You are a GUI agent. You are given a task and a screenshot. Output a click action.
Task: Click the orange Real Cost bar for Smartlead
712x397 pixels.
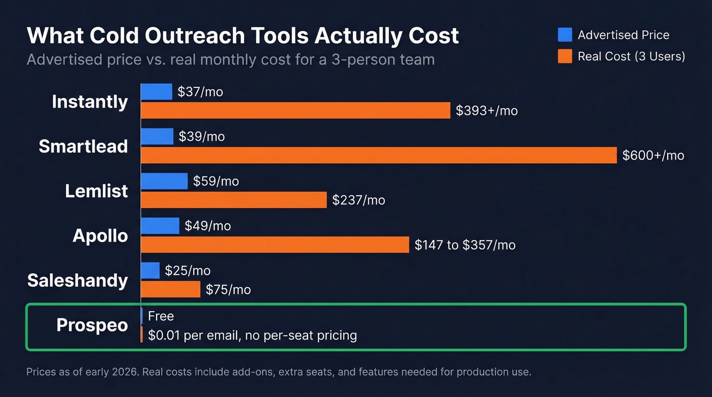click(378, 155)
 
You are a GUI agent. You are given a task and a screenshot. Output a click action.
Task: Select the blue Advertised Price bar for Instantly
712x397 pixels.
click(157, 91)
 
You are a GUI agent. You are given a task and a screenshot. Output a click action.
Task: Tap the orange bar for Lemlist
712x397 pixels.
click(233, 200)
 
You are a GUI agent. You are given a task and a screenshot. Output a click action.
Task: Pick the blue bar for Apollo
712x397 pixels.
click(160, 226)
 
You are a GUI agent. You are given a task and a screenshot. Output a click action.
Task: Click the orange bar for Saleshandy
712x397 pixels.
click(170, 289)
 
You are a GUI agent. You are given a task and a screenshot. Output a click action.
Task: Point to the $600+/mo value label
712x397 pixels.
click(653, 156)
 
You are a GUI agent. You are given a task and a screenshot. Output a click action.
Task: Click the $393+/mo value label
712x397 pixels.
click(487, 111)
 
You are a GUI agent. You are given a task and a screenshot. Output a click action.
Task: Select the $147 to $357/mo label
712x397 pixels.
click(465, 245)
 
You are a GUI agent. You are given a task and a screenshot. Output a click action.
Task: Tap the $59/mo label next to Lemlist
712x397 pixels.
click(216, 181)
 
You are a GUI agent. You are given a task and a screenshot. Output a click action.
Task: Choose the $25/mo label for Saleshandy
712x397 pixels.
click(187, 271)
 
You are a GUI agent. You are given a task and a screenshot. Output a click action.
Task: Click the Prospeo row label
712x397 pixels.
click(92, 325)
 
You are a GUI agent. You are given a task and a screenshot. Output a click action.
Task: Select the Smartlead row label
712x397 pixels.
click(83, 146)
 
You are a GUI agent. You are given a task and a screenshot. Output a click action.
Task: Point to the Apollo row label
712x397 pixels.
click(100, 236)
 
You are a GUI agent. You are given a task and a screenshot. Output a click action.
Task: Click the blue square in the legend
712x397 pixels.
click(565, 35)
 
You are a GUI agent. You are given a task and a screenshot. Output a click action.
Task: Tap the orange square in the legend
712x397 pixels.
click(565, 56)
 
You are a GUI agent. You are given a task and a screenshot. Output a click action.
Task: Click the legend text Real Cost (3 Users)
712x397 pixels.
click(631, 56)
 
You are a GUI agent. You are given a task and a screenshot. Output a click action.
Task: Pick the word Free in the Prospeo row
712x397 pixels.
click(161, 316)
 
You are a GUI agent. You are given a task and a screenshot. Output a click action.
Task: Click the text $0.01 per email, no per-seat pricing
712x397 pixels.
click(252, 335)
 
